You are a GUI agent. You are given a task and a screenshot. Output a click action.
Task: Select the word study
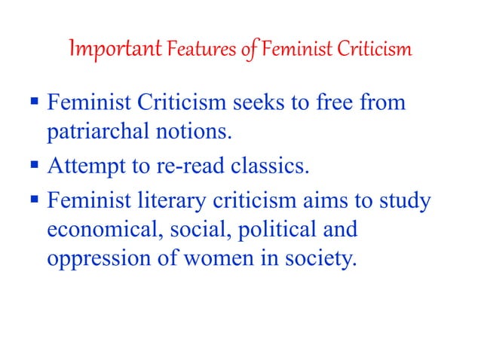(x=403, y=201)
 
